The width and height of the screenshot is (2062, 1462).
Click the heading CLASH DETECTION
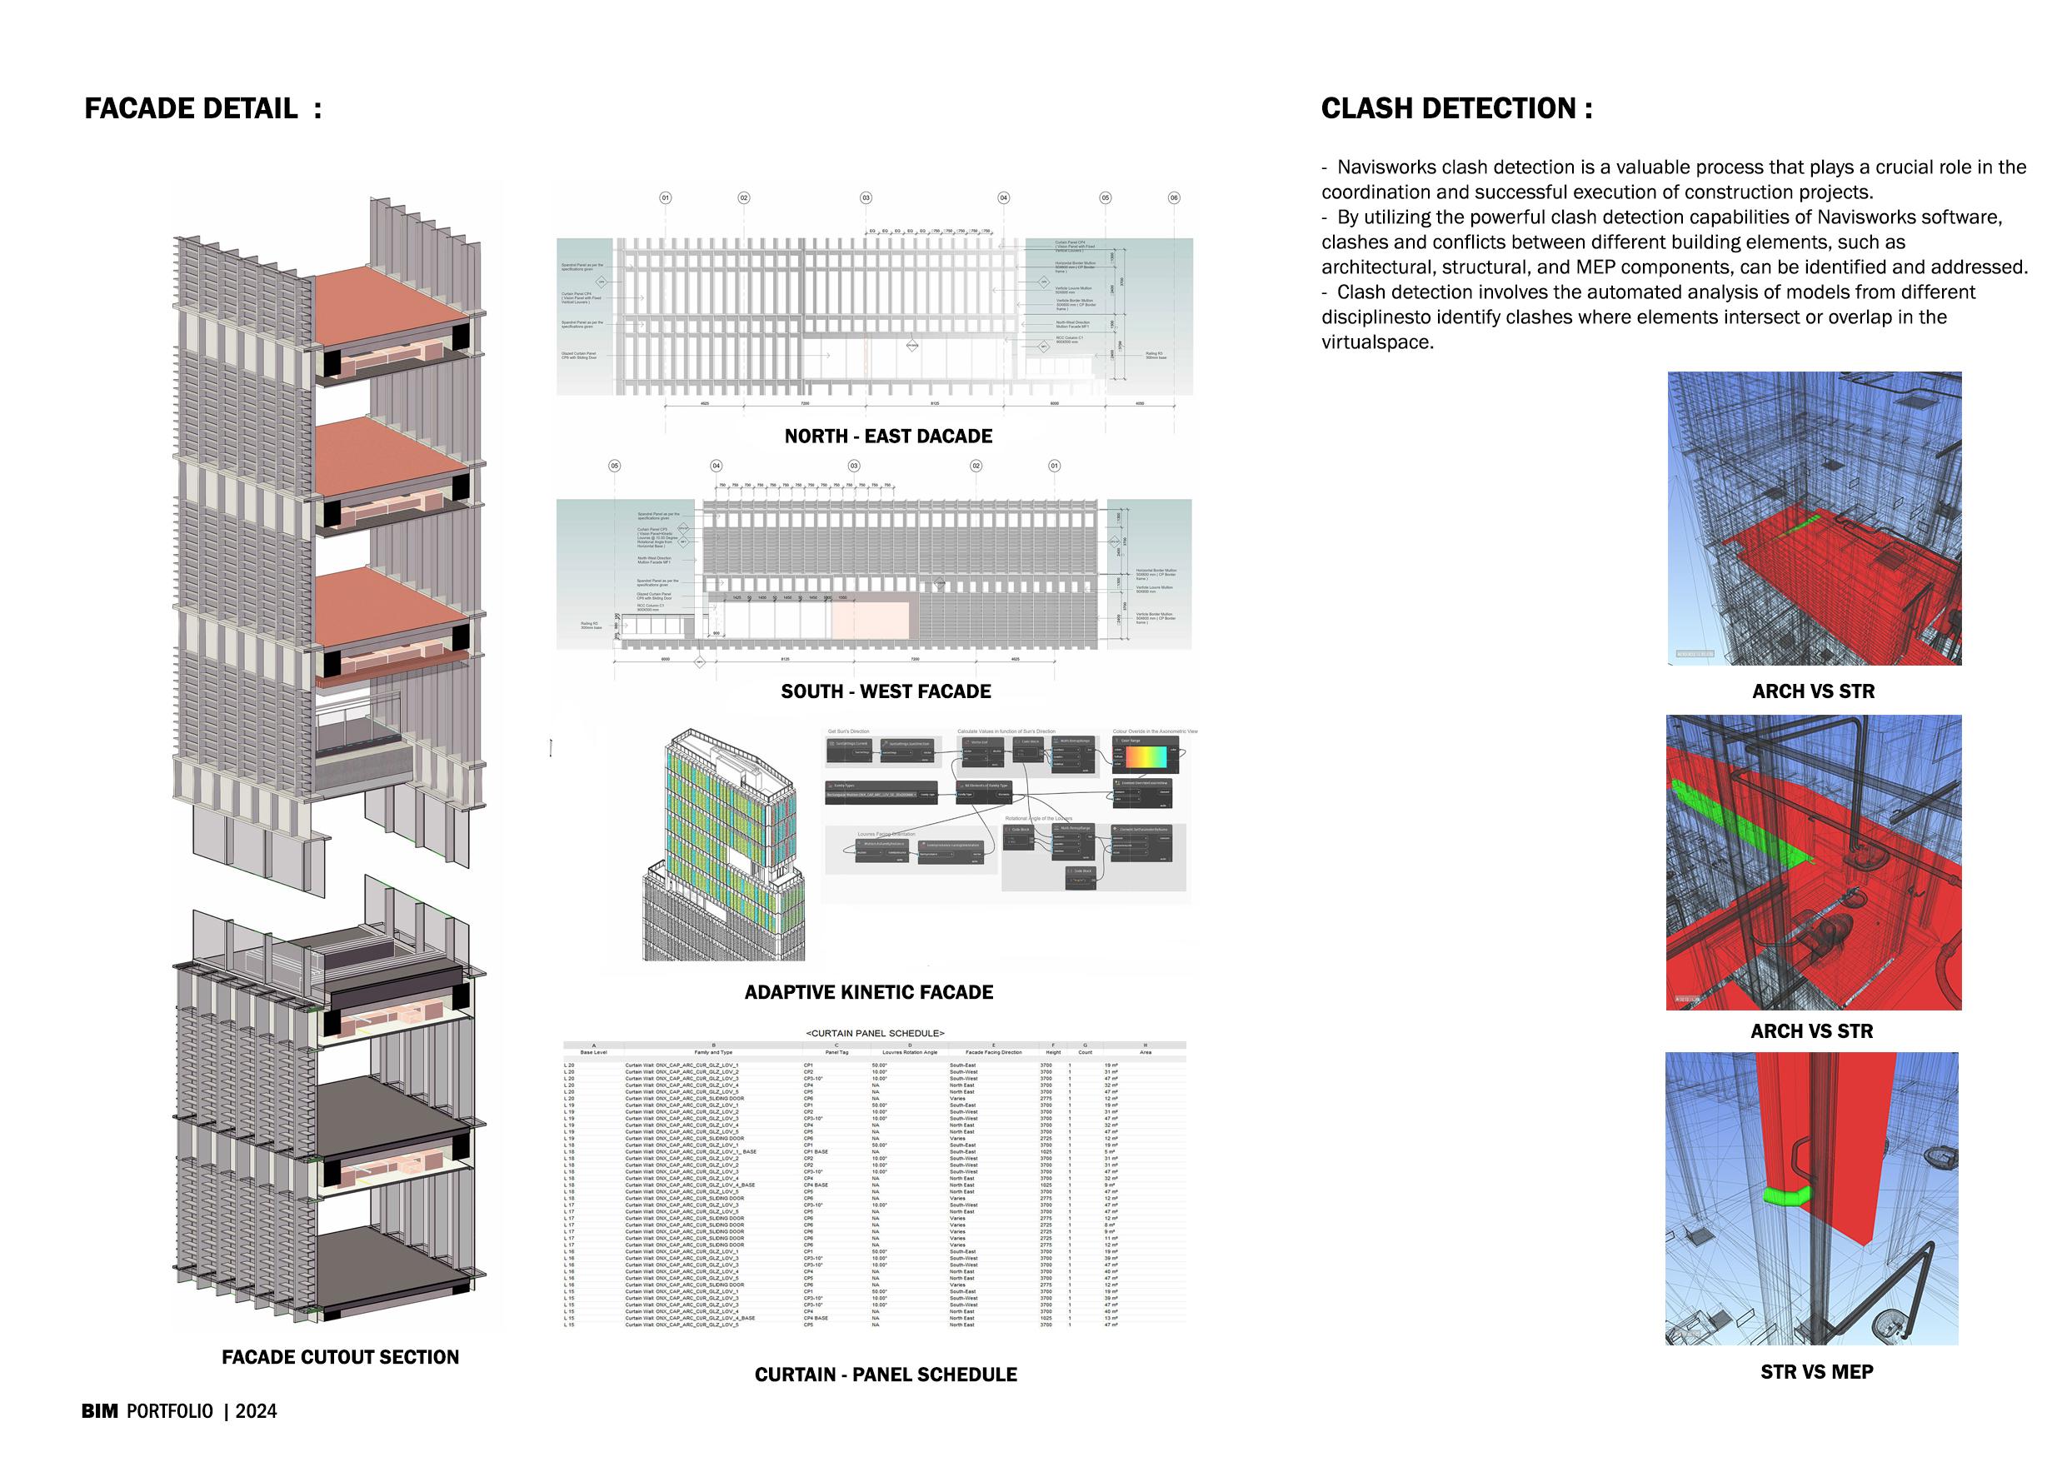[x=1456, y=109]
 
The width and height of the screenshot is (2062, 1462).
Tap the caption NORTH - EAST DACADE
[x=888, y=437]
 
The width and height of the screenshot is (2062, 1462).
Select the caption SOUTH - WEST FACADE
[x=886, y=691]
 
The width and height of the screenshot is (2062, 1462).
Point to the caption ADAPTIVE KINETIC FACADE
[x=869, y=992]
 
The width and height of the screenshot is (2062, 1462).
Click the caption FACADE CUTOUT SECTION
[x=341, y=1357]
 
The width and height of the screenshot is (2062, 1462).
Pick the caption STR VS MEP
[x=1817, y=1372]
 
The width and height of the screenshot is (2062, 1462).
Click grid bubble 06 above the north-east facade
[x=1173, y=198]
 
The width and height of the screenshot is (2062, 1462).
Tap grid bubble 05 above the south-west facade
[x=615, y=466]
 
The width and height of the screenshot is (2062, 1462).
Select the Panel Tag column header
[x=836, y=1052]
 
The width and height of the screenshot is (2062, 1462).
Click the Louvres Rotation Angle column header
[x=910, y=1052]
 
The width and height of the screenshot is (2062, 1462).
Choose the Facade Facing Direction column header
[x=993, y=1052]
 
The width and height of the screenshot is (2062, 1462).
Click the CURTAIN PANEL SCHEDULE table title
[x=874, y=1034]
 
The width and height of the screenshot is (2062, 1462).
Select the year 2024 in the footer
[x=257, y=1411]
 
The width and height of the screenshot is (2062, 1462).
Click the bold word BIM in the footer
[x=100, y=1411]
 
